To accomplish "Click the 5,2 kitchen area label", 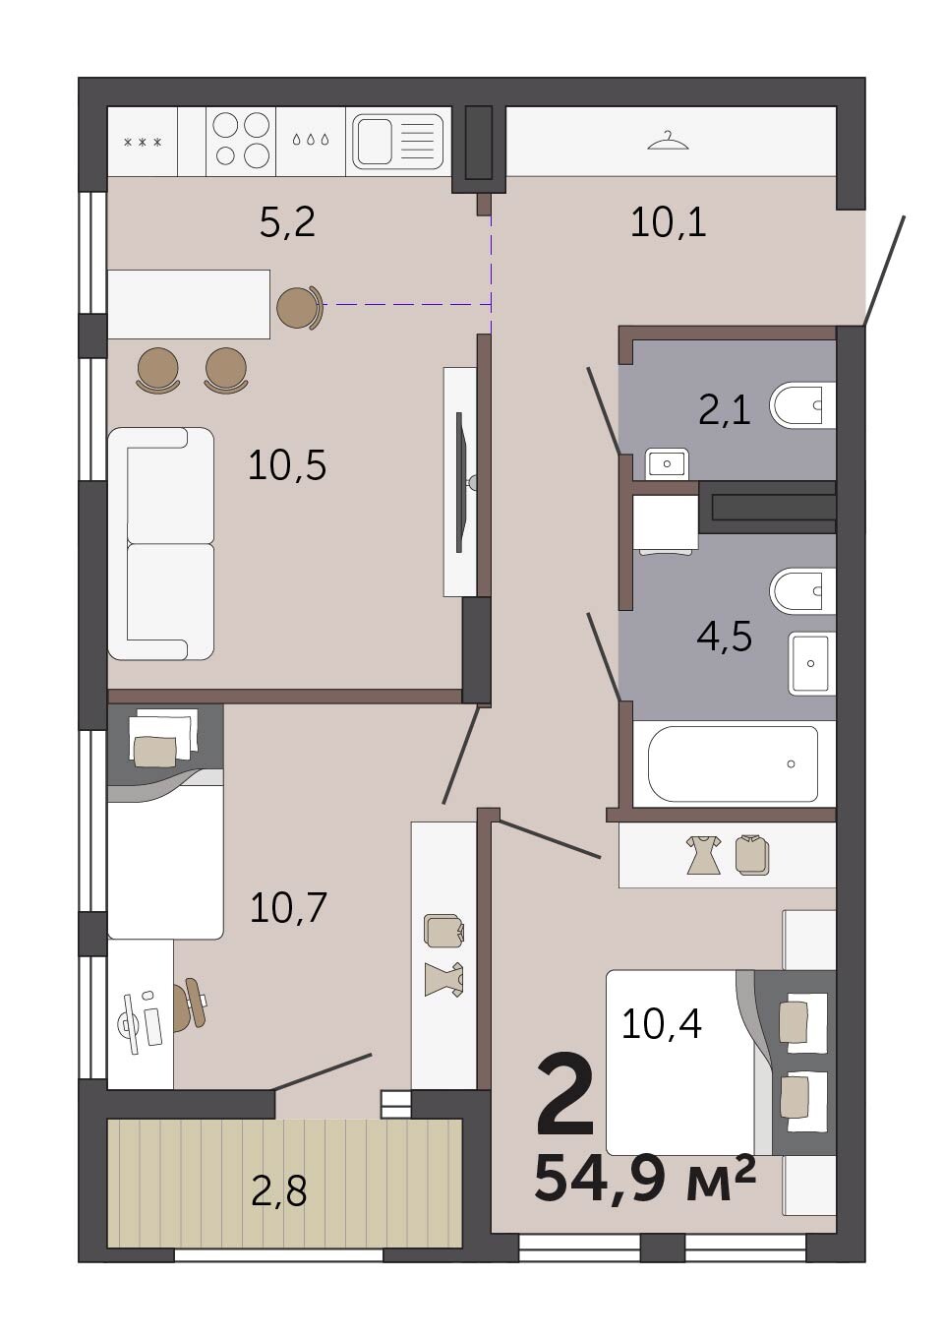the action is [x=287, y=223].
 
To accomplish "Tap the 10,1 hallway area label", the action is [x=669, y=223].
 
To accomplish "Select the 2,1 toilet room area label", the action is [x=724, y=411].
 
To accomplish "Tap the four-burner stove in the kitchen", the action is [x=241, y=142].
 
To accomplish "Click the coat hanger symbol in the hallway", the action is [x=669, y=142].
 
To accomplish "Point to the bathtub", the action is [x=733, y=763].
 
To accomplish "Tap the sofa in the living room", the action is [x=161, y=544].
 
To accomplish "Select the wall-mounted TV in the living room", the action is [x=461, y=482].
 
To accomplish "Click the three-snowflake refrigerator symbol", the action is [x=143, y=143].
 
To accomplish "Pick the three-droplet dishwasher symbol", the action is [x=311, y=140].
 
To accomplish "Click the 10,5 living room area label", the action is [x=287, y=465].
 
